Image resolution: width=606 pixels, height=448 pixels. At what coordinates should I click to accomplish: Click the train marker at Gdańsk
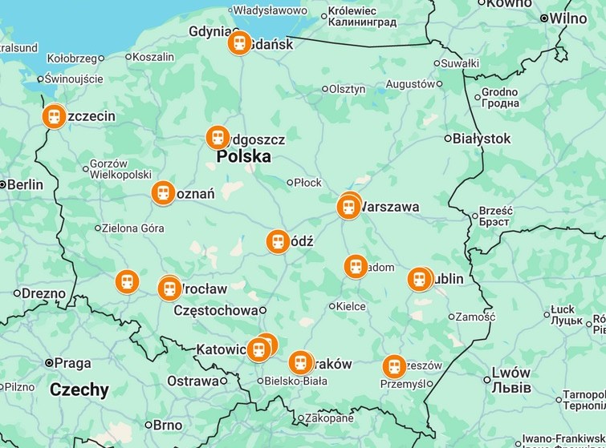point(238,43)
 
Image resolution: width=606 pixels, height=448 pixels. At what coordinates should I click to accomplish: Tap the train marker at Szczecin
point(54,117)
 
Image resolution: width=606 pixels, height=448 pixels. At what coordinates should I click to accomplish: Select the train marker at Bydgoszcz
point(218,137)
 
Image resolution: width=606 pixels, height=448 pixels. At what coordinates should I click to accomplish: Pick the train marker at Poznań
point(163,192)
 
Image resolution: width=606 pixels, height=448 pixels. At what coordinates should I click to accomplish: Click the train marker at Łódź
point(278,241)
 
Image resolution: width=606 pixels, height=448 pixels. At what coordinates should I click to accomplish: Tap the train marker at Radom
point(356,266)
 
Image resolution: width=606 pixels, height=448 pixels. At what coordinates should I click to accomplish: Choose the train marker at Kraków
point(300,363)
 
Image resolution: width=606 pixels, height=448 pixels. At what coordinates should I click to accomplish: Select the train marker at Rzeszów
point(394,366)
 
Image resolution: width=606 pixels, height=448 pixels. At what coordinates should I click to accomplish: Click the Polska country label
point(244,157)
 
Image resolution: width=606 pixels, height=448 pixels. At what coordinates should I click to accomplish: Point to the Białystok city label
point(482,139)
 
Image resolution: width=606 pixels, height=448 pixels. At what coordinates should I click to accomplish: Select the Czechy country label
point(79,390)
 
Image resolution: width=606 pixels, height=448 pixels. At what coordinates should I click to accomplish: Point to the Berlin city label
point(26,184)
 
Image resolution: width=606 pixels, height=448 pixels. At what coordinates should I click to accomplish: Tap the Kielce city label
point(351,306)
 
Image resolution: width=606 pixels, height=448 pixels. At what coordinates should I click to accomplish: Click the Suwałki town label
point(461,63)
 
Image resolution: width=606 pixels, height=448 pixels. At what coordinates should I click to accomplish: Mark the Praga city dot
point(49,363)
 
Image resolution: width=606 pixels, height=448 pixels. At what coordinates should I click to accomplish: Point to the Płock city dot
point(291,183)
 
